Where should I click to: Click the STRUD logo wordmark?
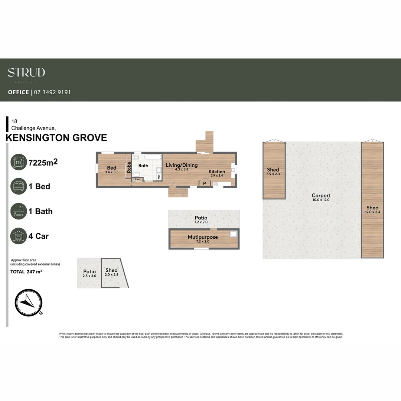click(26, 72)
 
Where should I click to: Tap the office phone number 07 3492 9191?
click(52, 92)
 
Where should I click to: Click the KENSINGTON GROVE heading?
click(56, 138)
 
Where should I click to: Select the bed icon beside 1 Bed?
click(19, 186)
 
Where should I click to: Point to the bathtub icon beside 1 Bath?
click(19, 211)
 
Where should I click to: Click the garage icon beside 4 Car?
click(19, 236)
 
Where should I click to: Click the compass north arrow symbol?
click(28, 301)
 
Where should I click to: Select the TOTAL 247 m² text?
click(26, 272)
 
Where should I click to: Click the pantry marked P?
click(204, 183)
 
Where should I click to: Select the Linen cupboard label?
click(137, 179)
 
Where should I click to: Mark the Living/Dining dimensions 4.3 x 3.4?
click(182, 169)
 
